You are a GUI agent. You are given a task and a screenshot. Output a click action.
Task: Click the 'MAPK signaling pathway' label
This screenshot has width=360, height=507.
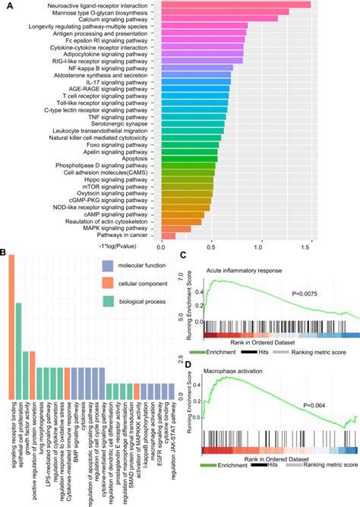click(119, 228)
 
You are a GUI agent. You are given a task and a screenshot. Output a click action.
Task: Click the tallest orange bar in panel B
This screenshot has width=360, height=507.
click(11, 327)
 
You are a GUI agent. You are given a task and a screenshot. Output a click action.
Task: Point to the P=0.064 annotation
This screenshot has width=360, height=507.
click(314, 404)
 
